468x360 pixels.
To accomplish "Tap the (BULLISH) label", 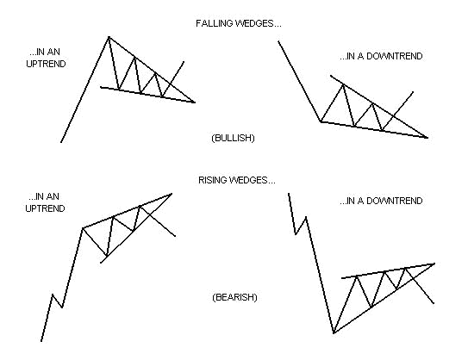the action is point(233,138).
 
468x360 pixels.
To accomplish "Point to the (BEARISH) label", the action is point(234,297).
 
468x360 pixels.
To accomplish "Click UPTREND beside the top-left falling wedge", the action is point(46,64).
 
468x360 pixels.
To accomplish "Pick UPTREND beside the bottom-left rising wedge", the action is point(45,208).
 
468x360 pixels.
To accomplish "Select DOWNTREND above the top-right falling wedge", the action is point(394,56).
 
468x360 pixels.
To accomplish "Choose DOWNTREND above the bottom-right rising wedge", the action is point(394,201).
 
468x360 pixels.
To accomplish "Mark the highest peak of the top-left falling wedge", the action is point(109,37).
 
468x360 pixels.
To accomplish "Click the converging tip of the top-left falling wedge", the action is point(195,102).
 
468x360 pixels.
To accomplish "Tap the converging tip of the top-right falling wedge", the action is point(427,138).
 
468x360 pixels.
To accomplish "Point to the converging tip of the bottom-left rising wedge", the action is point(172,194).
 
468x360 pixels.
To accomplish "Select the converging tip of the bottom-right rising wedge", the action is point(434,264).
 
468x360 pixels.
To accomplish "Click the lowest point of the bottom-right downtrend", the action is point(334,332).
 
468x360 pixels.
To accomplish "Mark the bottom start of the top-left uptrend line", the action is point(61,142).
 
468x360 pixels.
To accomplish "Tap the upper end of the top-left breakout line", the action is point(184,62).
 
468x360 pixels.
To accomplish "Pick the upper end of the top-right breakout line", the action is point(413,92).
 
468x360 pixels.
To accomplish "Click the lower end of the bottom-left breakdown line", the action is point(175,236).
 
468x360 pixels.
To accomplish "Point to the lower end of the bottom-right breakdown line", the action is point(434,303).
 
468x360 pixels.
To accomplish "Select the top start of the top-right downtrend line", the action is point(278,41).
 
